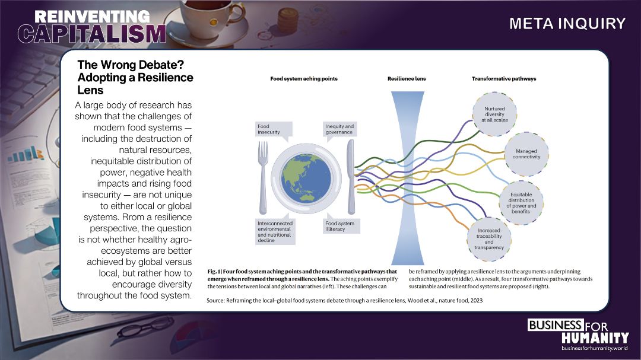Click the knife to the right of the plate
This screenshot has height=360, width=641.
(351, 177)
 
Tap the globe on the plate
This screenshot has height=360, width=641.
(306, 178)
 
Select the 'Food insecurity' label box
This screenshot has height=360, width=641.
(274, 129)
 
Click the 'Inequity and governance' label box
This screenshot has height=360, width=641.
(339, 129)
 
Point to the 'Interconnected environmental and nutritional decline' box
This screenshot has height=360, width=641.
(275, 231)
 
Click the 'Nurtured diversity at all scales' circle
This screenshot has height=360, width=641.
(494, 114)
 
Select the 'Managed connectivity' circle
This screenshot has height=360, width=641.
(526, 154)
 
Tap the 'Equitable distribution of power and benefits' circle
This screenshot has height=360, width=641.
(521, 203)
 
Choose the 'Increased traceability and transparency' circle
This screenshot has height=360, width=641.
(489, 239)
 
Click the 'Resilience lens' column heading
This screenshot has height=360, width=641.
(407, 79)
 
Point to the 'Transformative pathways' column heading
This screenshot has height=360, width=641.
(504, 79)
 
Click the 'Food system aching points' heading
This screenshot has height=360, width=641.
(304, 79)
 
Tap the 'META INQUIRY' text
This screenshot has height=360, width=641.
(567, 24)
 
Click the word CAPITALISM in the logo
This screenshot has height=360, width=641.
(92, 33)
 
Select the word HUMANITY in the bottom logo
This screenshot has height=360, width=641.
(595, 338)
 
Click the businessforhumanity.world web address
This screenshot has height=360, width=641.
(594, 348)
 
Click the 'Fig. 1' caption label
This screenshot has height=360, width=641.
(214, 272)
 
